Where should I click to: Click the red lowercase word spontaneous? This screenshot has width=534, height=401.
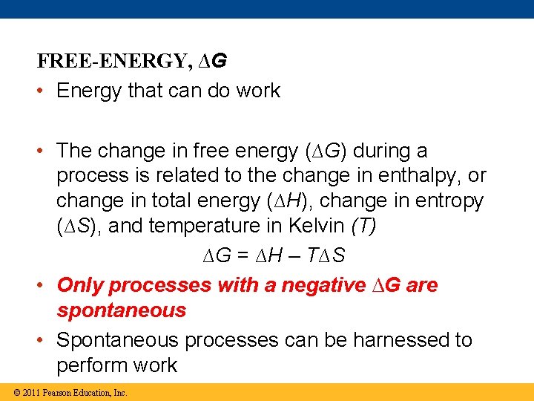[121, 310]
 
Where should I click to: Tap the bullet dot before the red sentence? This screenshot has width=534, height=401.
[43, 286]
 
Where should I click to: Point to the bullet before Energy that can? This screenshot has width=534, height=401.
[43, 91]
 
